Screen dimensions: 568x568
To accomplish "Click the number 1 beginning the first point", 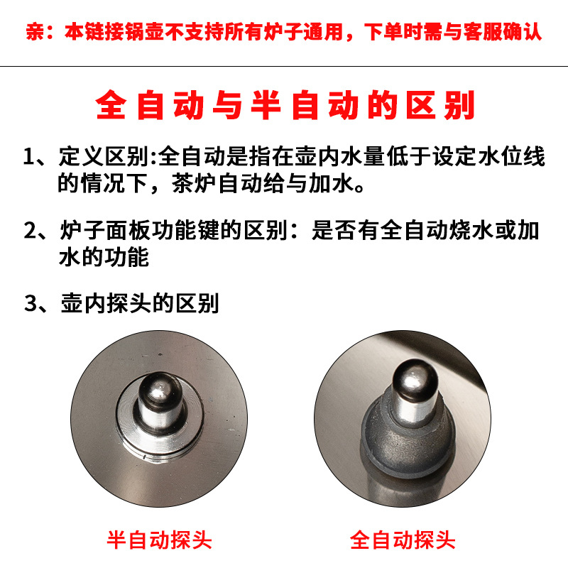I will pos(29,155).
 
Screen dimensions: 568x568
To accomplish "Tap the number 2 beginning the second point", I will pos(29,231).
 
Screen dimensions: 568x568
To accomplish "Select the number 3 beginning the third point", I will pos(29,304).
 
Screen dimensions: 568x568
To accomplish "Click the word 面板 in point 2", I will pos(132,231).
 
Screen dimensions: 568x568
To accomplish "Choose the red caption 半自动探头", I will pos(160,540).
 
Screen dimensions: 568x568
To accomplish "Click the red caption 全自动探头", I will pos(403,540).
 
